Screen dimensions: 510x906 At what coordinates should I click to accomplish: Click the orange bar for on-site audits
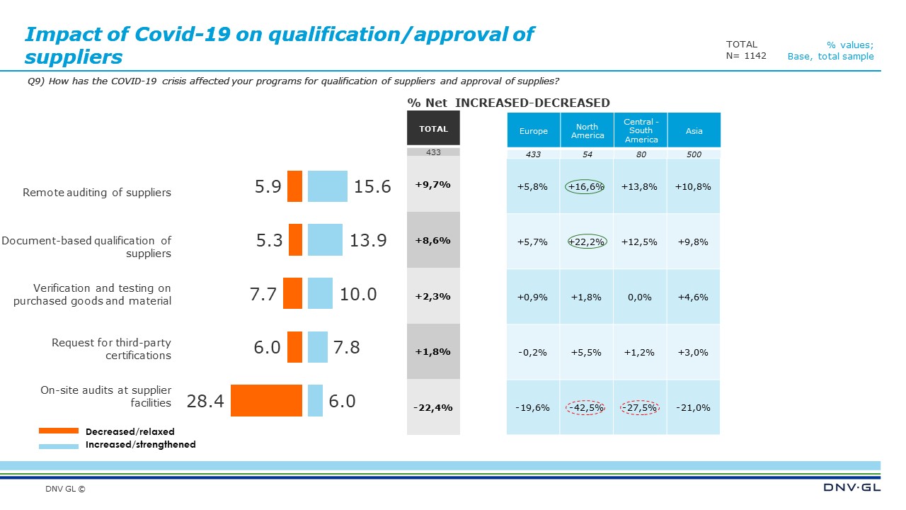click(x=266, y=400)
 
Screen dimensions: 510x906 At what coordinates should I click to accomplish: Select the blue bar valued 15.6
click(x=327, y=186)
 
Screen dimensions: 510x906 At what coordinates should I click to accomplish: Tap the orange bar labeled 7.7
click(x=292, y=293)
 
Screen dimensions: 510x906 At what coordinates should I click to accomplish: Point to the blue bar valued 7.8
click(x=318, y=347)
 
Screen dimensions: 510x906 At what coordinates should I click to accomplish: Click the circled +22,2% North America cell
click(x=586, y=242)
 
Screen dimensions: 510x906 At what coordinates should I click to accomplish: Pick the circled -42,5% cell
click(x=586, y=407)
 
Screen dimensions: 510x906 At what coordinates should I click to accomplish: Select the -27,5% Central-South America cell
click(x=640, y=407)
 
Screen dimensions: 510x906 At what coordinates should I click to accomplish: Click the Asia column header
click(x=694, y=131)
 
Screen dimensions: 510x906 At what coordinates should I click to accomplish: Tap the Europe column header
click(x=533, y=131)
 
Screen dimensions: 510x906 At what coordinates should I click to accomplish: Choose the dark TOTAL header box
click(x=433, y=129)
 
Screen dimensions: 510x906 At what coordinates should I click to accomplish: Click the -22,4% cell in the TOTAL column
click(x=433, y=407)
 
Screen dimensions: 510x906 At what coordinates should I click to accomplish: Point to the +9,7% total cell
click(x=433, y=184)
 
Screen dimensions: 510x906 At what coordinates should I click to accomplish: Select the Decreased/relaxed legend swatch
click(x=58, y=431)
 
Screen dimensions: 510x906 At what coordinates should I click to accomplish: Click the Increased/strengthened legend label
click(x=140, y=445)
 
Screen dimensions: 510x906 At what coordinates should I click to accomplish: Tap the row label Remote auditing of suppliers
click(x=97, y=193)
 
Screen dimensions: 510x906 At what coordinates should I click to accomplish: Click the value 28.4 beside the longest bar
click(x=205, y=402)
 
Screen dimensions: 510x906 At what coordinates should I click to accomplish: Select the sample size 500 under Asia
click(x=694, y=154)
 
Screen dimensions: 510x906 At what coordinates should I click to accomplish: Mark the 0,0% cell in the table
click(x=640, y=297)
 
